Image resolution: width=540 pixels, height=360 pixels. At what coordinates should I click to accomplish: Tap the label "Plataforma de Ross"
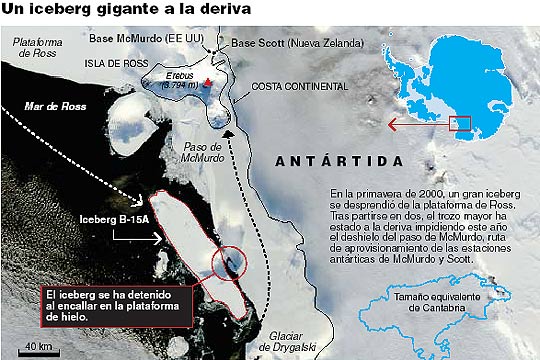pyautogui.click(x=39, y=49)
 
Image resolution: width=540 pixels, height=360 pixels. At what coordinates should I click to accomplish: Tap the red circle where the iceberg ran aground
pyautogui.click(x=229, y=261)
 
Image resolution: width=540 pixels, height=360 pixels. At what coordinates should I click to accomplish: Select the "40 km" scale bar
pyautogui.click(x=38, y=349)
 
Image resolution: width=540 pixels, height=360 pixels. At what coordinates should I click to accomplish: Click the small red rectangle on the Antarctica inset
pyautogui.click(x=460, y=124)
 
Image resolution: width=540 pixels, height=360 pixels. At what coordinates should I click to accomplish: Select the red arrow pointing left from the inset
pyautogui.click(x=418, y=125)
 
